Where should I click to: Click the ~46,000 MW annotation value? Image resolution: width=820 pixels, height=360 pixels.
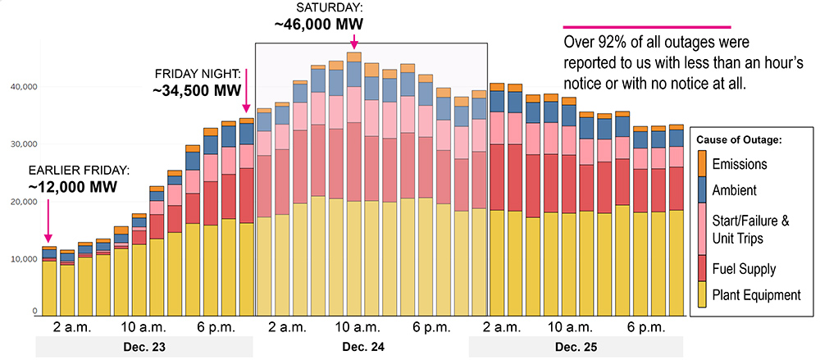point(316,23)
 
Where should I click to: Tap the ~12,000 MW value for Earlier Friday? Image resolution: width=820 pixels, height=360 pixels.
point(72,186)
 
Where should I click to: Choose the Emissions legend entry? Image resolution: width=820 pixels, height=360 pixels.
point(740,164)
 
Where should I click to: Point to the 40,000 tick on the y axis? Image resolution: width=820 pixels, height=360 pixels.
point(22,87)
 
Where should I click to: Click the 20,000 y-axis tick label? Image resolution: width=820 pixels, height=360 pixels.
point(22,202)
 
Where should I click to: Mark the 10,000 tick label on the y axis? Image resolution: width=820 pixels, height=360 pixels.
point(22,259)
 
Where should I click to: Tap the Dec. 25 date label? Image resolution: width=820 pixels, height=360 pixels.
point(576,348)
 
